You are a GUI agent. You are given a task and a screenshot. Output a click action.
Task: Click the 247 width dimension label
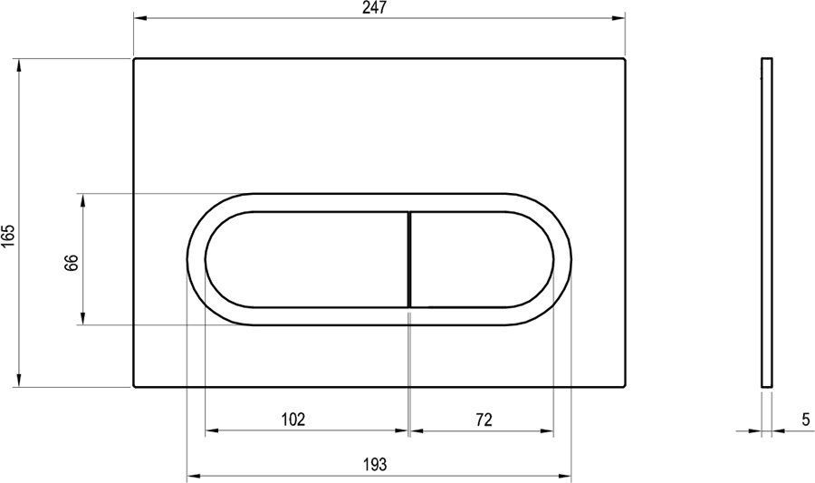click(x=375, y=8)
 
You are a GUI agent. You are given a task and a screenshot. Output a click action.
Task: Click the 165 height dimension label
click(x=8, y=237)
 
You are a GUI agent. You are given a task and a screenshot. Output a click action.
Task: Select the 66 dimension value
click(x=72, y=263)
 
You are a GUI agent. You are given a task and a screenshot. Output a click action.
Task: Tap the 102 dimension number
click(x=293, y=419)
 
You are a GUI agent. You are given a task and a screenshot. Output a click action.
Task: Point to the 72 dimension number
click(x=484, y=419)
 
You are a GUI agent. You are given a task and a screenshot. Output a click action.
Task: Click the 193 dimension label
click(x=375, y=463)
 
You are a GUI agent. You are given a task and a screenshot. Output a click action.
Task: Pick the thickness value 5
click(x=806, y=419)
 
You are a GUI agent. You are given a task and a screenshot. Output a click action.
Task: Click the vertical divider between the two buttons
click(x=409, y=259)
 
